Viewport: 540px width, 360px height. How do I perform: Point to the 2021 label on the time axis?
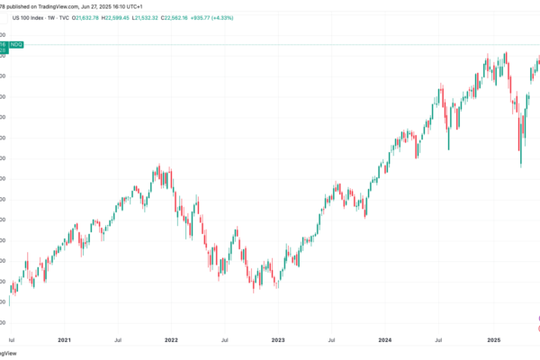click(65, 341)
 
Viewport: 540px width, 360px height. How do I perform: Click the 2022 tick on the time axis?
click(170, 341)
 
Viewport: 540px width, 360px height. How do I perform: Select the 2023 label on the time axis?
click(278, 341)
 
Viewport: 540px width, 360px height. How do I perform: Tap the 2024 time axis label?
click(386, 341)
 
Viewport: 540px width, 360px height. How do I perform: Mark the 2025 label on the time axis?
click(493, 341)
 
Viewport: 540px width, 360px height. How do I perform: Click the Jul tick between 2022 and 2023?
click(224, 341)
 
